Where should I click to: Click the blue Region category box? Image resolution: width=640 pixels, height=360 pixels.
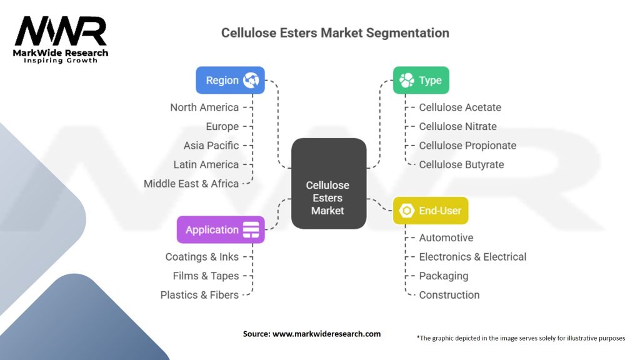pyautogui.click(x=230, y=80)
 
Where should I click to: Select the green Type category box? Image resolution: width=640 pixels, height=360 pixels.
pyautogui.click(x=421, y=80)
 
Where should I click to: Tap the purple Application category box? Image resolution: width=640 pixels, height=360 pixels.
pyautogui.click(x=221, y=229)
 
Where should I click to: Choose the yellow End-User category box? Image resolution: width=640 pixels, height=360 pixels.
pyautogui.click(x=430, y=211)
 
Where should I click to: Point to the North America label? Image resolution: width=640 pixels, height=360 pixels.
pyautogui.click(x=204, y=107)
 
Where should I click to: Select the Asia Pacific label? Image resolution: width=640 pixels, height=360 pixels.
pyautogui.click(x=211, y=146)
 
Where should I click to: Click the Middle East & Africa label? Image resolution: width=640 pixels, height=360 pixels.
pyautogui.click(x=191, y=184)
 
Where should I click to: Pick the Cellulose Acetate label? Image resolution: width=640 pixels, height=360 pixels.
pyautogui.click(x=460, y=107)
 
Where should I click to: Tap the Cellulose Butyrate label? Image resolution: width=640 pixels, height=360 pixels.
pyautogui.click(x=461, y=164)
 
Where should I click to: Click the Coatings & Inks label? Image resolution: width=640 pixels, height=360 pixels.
pyautogui.click(x=202, y=257)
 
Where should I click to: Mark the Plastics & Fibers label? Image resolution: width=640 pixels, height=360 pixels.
pyautogui.click(x=199, y=295)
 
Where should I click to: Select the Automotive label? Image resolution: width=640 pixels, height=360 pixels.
pyautogui.click(x=446, y=237)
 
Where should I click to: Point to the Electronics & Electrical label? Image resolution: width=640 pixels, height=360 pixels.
pyautogui.click(x=472, y=257)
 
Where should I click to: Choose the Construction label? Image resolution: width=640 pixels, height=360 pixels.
pyautogui.click(x=449, y=295)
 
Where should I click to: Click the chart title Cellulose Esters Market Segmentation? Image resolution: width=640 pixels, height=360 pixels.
pyautogui.click(x=335, y=32)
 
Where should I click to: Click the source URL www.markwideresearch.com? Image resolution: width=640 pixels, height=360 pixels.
pyautogui.click(x=327, y=334)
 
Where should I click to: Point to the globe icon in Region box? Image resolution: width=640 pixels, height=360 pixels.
pyautogui.click(x=251, y=80)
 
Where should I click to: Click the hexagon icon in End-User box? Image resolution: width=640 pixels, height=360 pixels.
pyautogui.click(x=407, y=211)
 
